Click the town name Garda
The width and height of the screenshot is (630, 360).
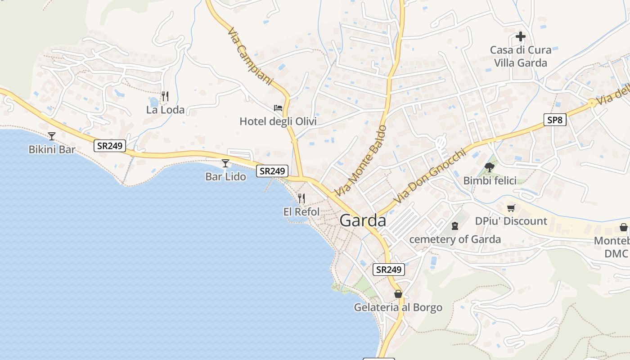tap(363, 220)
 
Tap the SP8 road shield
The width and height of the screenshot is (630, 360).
tap(554, 120)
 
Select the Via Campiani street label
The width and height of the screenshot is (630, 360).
tap(250, 57)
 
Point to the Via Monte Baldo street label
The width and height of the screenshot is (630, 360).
tap(361, 160)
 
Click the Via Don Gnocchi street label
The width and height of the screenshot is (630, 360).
tap(428, 176)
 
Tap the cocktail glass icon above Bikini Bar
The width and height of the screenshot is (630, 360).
tap(52, 136)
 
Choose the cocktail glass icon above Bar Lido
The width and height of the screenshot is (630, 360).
tap(225, 163)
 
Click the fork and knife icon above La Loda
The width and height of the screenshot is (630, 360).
tap(165, 96)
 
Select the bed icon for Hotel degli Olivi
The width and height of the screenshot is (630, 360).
tap(278, 108)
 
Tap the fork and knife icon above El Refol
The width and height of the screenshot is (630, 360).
tap(301, 198)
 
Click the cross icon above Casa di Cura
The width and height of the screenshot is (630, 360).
tap(521, 36)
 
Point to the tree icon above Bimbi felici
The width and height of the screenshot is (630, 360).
tap(490, 167)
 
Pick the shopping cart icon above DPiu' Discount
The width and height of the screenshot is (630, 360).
tap(511, 208)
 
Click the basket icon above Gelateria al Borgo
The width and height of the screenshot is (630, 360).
tap(398, 294)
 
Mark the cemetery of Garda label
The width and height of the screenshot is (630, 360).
tap(455, 239)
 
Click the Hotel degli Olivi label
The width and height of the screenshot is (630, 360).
tap(278, 121)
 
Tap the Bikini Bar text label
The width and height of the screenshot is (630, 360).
tap(52, 149)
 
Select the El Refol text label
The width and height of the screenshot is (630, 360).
tap(301, 211)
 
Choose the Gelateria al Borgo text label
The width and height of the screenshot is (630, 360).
tap(398, 308)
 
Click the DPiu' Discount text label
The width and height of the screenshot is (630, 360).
tap(511, 221)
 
